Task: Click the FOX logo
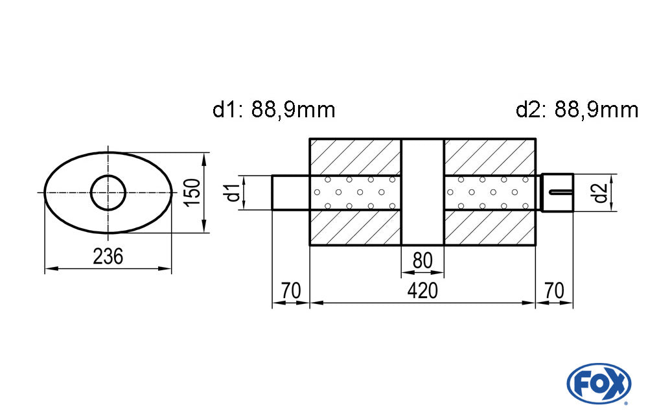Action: pos(599,383)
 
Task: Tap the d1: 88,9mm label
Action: pos(273,110)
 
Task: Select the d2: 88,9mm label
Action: pos(577,110)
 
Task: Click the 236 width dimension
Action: pos(108,257)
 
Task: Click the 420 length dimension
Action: pos(422,291)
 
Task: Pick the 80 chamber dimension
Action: pos(422,261)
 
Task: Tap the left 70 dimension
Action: pos(291,291)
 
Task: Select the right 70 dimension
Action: pos(554,291)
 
